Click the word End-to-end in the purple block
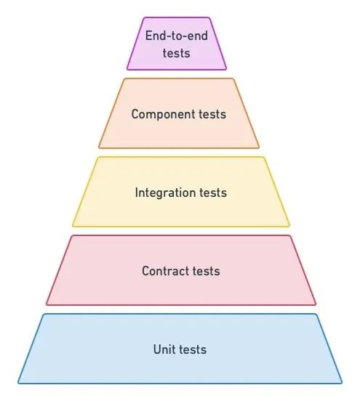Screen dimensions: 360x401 click(177, 36)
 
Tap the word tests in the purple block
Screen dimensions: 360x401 click(177, 53)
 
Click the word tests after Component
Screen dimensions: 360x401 click(212, 114)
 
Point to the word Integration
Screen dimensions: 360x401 click(165, 193)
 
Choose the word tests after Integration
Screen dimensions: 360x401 click(213, 193)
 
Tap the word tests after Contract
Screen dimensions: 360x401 click(207, 272)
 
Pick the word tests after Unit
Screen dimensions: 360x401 click(193, 349)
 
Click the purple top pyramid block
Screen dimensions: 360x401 click(177, 44)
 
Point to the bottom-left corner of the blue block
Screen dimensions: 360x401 click(18, 384)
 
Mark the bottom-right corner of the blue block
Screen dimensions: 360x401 click(342, 384)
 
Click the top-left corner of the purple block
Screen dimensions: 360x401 click(143, 17)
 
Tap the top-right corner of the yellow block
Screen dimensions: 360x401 click(264, 157)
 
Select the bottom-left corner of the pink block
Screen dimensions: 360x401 click(47, 305)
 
